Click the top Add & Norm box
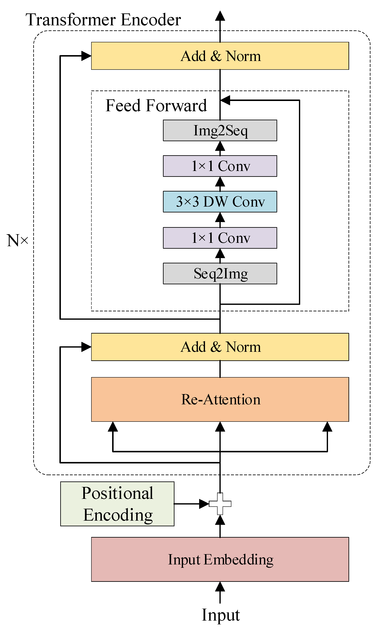point(220,56)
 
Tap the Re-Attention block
point(220,399)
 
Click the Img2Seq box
point(220,130)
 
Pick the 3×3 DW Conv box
point(220,202)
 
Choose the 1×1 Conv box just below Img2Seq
point(220,166)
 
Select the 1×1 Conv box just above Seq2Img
point(220,238)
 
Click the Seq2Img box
point(220,273)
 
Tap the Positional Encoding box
point(117,504)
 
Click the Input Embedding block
point(220,559)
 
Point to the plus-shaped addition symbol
point(220,504)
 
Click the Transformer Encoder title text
point(103,20)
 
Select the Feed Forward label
point(156,105)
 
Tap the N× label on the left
point(17,240)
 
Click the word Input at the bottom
point(220,615)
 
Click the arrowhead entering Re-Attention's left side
point(113,427)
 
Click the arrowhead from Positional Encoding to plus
point(204,504)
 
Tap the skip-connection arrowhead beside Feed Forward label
point(226,100)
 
